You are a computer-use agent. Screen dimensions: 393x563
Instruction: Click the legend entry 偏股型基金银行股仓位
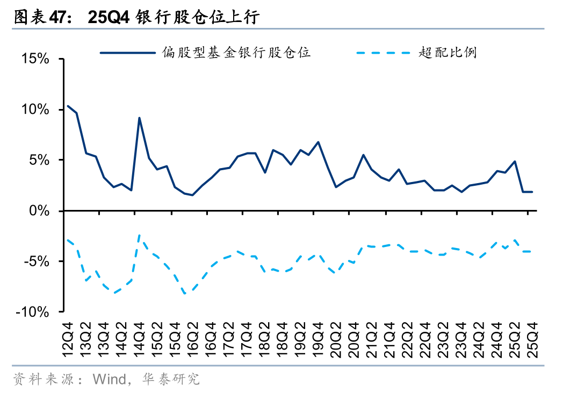click(x=237, y=53)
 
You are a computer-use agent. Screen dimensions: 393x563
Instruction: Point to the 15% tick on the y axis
click(x=35, y=59)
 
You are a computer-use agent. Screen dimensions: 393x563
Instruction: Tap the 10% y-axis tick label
click(x=35, y=110)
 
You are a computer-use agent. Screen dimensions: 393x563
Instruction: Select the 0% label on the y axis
click(x=40, y=210)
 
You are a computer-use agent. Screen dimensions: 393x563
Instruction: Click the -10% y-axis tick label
click(x=34, y=312)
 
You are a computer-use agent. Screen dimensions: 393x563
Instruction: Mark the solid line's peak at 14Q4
click(x=139, y=118)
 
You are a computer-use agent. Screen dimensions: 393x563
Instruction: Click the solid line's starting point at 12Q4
click(x=68, y=106)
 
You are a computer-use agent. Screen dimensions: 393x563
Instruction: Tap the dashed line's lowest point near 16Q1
click(x=184, y=294)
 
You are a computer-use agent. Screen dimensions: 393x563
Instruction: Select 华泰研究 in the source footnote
click(x=171, y=380)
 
